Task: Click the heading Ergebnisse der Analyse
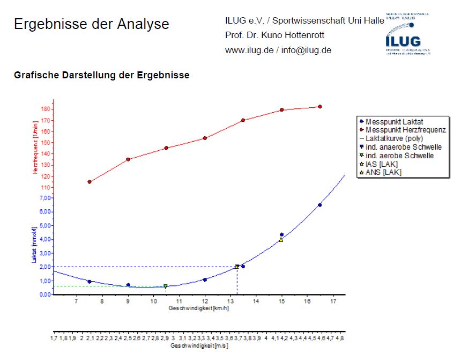coord(91,24)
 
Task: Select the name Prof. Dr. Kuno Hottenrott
coord(275,35)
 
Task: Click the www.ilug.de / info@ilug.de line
coord(278,50)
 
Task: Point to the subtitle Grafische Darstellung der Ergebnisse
coord(101,75)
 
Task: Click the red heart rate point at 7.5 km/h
coord(90,182)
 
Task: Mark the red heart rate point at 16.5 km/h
coord(319,107)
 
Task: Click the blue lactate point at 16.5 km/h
coord(319,205)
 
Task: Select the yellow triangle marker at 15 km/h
coord(281,240)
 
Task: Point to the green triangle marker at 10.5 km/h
coord(166,286)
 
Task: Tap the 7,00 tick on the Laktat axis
coord(44,198)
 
